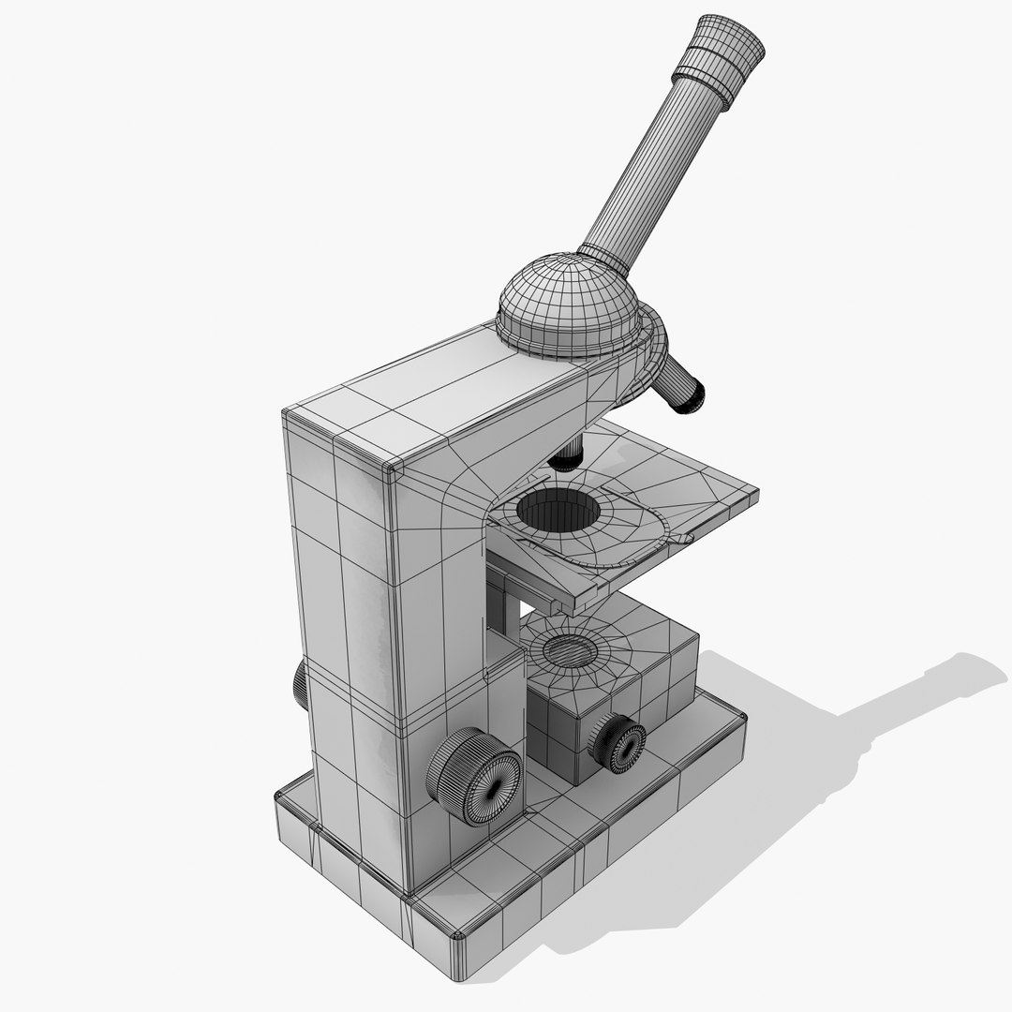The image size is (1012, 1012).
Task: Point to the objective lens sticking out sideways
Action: [x=682, y=384]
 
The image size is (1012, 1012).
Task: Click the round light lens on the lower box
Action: [x=568, y=648]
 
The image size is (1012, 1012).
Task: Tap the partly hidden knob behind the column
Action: [x=299, y=682]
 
